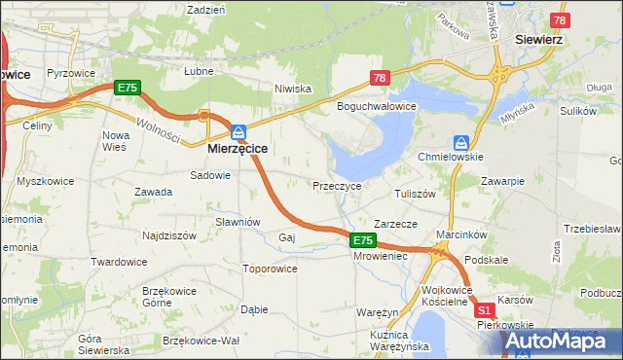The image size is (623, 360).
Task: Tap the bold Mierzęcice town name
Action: point(238,150)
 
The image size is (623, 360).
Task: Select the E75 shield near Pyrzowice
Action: point(128,88)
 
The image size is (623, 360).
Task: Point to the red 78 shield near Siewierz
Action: point(559,20)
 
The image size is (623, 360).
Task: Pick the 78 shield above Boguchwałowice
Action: point(379,78)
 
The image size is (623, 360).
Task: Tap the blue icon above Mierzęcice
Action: point(238,131)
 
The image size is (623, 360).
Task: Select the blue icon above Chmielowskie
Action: point(461,142)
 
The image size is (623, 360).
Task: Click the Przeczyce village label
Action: point(337,185)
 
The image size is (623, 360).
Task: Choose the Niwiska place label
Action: point(292,88)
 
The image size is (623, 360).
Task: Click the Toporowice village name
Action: point(270,269)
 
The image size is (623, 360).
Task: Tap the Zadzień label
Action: point(205,9)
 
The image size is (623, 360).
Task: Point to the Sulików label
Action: point(578,112)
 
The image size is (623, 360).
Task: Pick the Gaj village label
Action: point(286,237)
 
